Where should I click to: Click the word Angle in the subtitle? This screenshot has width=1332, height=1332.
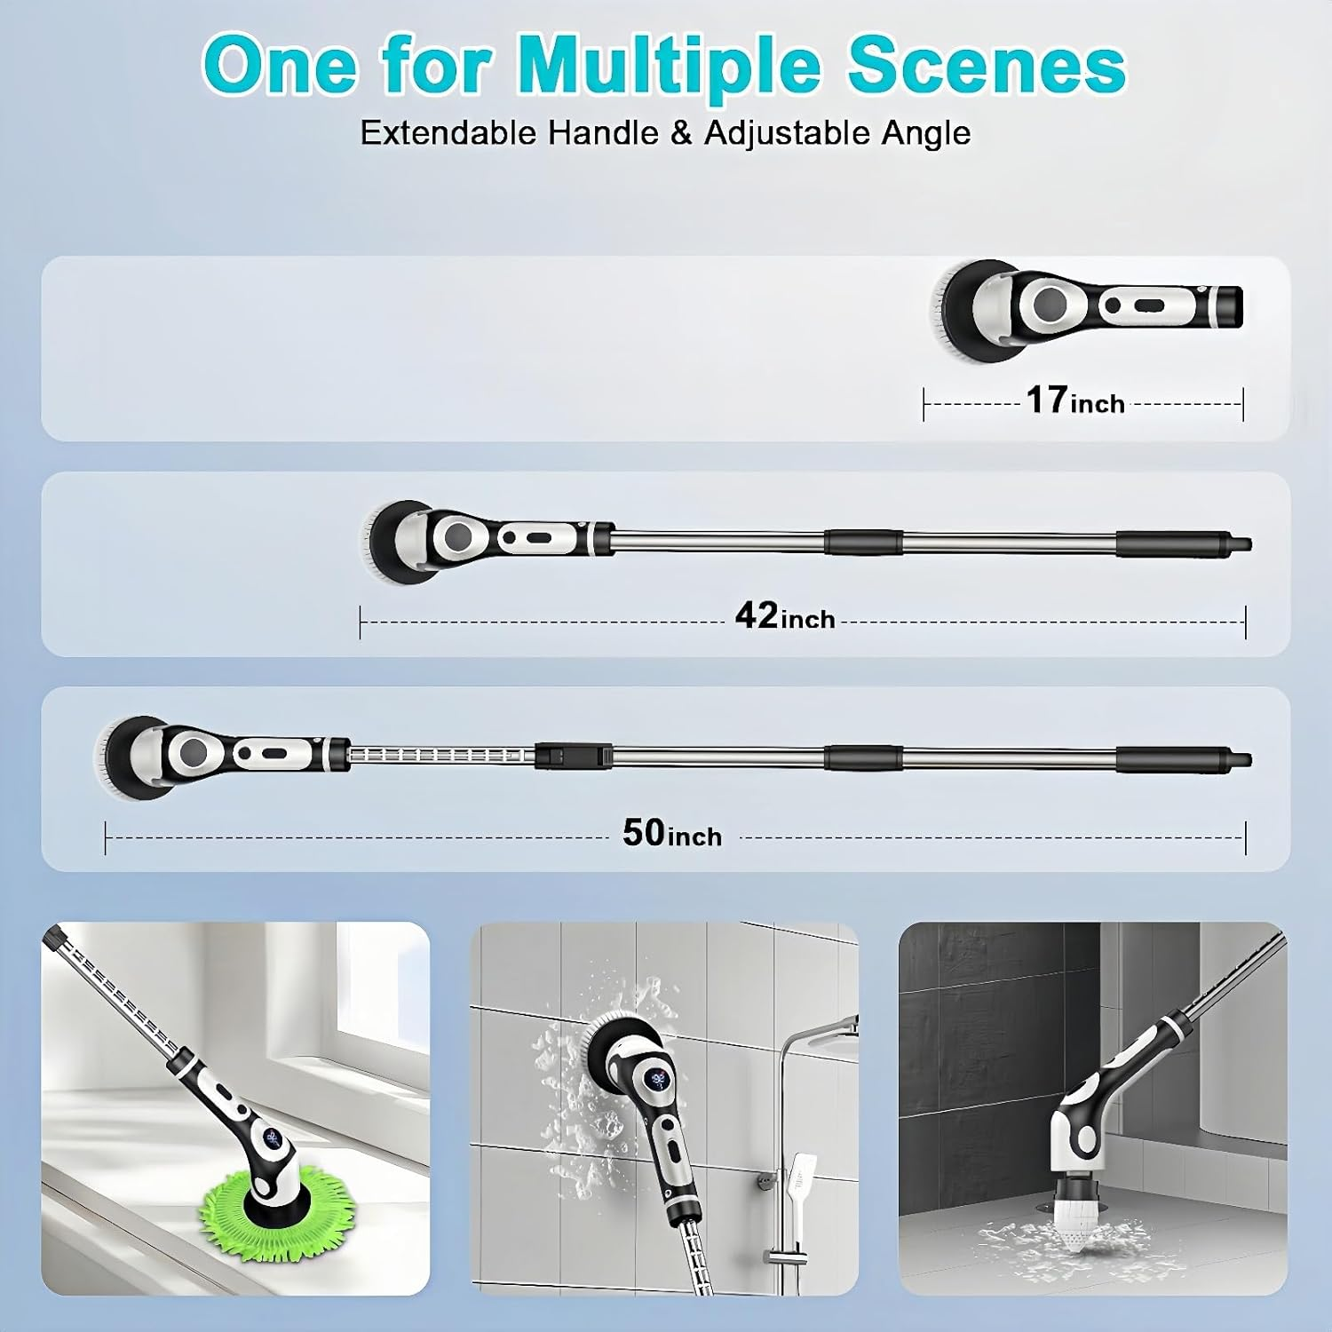[x=926, y=133]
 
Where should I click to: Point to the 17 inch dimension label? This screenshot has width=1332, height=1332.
[x=1075, y=401]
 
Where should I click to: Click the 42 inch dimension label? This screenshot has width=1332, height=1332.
[x=785, y=616]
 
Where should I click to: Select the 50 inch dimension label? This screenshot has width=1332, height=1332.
[x=672, y=834]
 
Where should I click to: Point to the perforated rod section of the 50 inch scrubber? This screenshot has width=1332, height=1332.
[x=440, y=756]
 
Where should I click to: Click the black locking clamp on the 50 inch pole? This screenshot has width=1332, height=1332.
[x=573, y=757]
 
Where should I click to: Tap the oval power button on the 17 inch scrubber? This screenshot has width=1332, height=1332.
[x=1149, y=306]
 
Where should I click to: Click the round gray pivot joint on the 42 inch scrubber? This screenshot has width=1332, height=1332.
[x=458, y=536]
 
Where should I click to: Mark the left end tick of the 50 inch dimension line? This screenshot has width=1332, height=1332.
[x=106, y=837]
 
